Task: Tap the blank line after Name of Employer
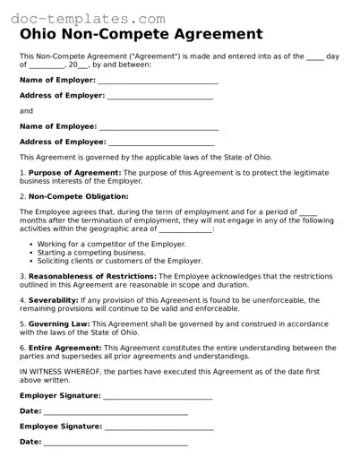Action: (158, 81)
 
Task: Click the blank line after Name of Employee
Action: (157, 126)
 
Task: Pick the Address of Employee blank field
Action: (161, 142)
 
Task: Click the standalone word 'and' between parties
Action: (26, 111)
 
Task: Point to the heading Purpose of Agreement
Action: (74, 172)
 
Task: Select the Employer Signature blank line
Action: (159, 395)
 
